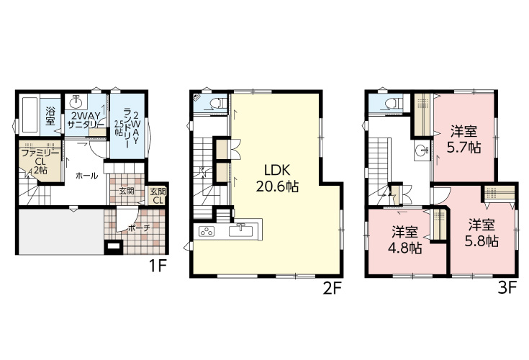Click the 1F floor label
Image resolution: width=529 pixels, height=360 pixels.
(x=158, y=267)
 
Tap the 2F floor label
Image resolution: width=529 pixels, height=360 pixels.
(x=333, y=288)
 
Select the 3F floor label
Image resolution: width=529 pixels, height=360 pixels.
(x=507, y=288)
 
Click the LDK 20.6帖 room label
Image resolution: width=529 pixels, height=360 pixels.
(x=277, y=179)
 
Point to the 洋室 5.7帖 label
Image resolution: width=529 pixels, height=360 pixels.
(x=464, y=140)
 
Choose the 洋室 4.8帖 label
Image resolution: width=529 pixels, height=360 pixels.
(x=404, y=240)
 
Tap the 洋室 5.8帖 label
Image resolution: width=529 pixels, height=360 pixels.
(x=481, y=233)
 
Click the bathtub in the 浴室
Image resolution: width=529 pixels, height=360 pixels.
(x=30, y=115)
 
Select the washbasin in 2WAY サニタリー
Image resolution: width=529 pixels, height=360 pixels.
(x=76, y=101)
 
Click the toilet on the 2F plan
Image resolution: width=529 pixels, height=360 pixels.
(x=220, y=102)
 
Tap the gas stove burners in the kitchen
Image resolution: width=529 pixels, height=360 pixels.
(x=207, y=231)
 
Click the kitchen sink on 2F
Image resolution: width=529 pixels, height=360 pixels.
(x=240, y=231)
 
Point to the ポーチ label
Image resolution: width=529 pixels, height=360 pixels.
(x=139, y=228)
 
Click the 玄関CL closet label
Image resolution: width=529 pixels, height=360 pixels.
(x=158, y=196)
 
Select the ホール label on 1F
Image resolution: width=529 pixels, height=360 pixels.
(x=86, y=176)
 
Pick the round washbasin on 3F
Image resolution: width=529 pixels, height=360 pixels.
(x=421, y=150)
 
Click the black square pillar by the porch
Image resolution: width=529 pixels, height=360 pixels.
(x=113, y=247)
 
